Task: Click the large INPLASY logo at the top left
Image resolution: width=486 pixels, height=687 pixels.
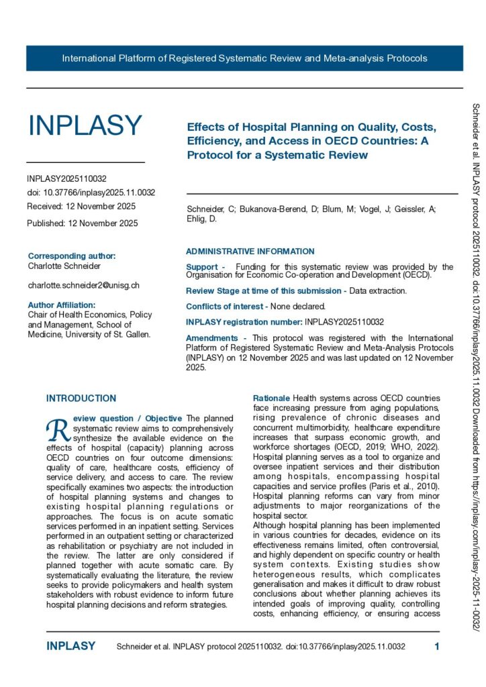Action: [85, 125]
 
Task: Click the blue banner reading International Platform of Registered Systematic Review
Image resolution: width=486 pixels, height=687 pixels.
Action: [244, 58]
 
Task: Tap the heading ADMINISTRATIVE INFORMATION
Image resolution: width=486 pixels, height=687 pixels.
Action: [250, 252]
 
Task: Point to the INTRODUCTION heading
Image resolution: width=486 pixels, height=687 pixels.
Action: [81, 399]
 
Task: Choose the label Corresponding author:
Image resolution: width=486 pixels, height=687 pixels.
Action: [72, 256]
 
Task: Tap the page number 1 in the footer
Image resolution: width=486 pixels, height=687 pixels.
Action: [437, 646]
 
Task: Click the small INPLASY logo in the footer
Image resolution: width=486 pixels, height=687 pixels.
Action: [71, 646]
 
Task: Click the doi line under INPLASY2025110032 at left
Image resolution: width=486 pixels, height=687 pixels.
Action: [91, 193]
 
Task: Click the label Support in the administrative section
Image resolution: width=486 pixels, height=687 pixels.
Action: [201, 267]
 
